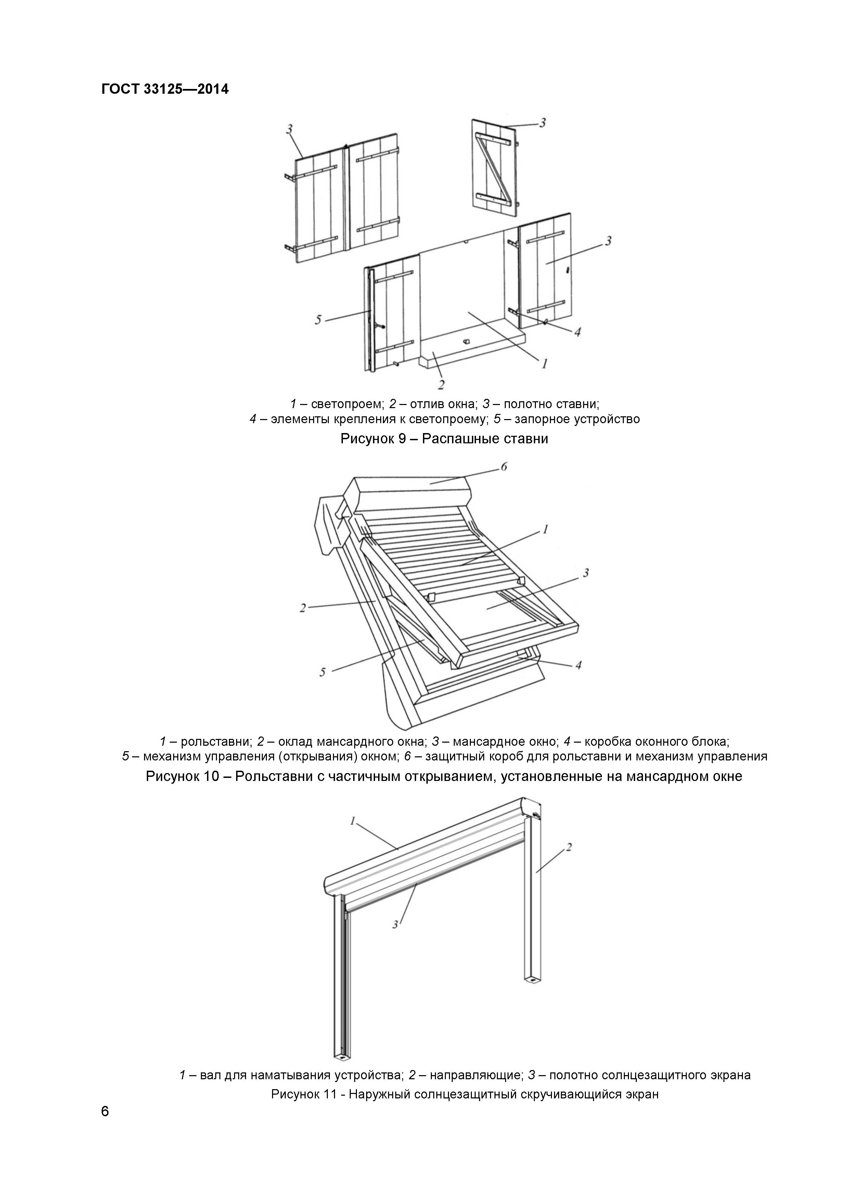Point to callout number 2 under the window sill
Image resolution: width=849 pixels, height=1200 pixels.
click(441, 385)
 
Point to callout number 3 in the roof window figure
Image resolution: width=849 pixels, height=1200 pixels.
click(586, 572)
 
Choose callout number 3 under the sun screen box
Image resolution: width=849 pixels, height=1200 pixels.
click(396, 925)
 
